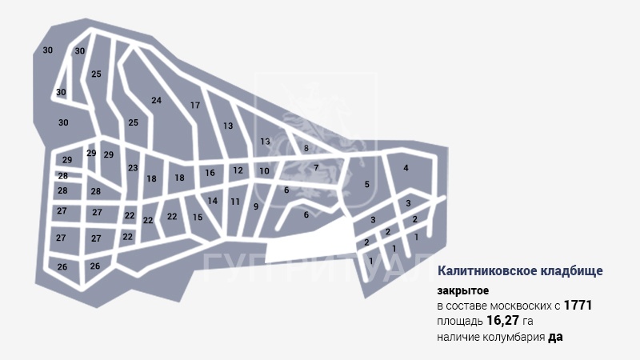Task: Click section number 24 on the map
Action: (156, 100)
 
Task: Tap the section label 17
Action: (194, 106)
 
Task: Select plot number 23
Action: (133, 168)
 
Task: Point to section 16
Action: (210, 173)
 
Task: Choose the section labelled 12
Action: (238, 170)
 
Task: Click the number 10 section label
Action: (264, 171)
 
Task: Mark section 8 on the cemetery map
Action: (306, 148)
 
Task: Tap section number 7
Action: (316, 167)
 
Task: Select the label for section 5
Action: (367, 185)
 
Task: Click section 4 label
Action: (406, 168)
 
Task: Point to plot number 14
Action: (213, 201)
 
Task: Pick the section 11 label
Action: (235, 202)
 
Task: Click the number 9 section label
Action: (256, 206)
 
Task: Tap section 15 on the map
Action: (198, 218)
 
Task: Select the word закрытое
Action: (462, 290)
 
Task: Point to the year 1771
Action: (578, 306)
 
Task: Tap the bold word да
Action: (556, 338)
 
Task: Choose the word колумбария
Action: (512, 338)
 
